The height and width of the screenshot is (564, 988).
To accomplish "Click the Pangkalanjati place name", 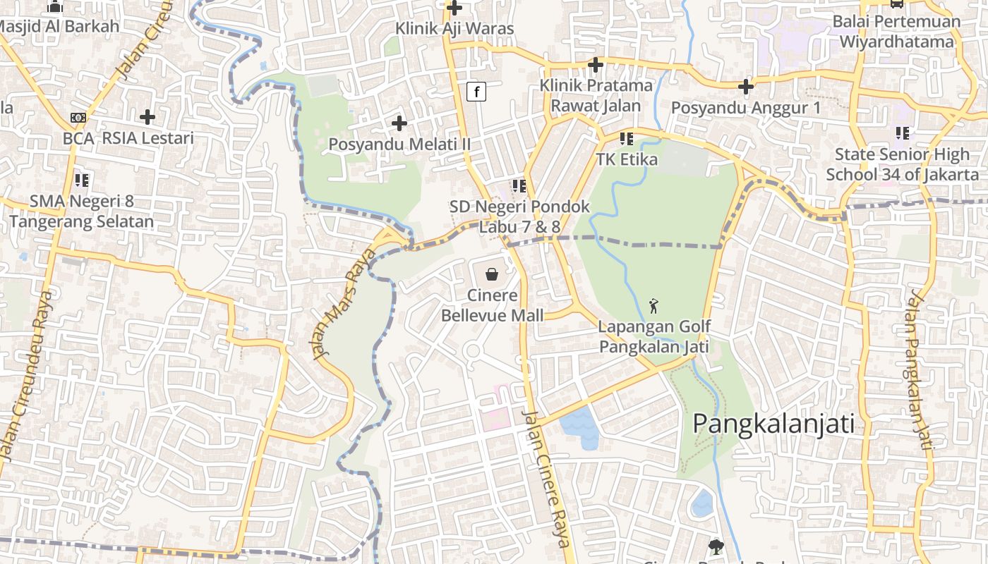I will coord(773,424).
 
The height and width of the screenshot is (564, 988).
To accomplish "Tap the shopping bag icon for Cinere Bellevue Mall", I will coord(492,274).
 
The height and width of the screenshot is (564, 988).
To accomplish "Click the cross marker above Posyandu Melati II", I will coord(399,123).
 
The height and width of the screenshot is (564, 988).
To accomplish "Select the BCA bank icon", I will coord(78,117).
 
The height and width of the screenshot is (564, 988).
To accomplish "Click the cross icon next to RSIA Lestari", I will coord(147,116).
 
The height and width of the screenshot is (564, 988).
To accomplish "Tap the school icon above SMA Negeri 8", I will coord(82,180).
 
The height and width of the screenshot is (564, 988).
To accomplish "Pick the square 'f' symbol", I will coord(477,92).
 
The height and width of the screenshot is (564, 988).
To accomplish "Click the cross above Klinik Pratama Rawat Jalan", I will coord(596,65).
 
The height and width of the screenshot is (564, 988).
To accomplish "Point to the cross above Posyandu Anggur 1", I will coord(746,87).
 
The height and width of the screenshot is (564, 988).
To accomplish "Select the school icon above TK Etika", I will coord(626,139).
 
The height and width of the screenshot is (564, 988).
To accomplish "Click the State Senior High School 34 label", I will coord(903,164).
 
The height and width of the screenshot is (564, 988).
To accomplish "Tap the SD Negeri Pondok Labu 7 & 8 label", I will coord(520,216).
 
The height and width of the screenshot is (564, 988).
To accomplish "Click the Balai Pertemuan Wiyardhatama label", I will coord(896,32).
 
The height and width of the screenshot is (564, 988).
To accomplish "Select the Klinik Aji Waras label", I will coord(454,29).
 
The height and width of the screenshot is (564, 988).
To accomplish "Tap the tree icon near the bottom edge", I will coord(716,546).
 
